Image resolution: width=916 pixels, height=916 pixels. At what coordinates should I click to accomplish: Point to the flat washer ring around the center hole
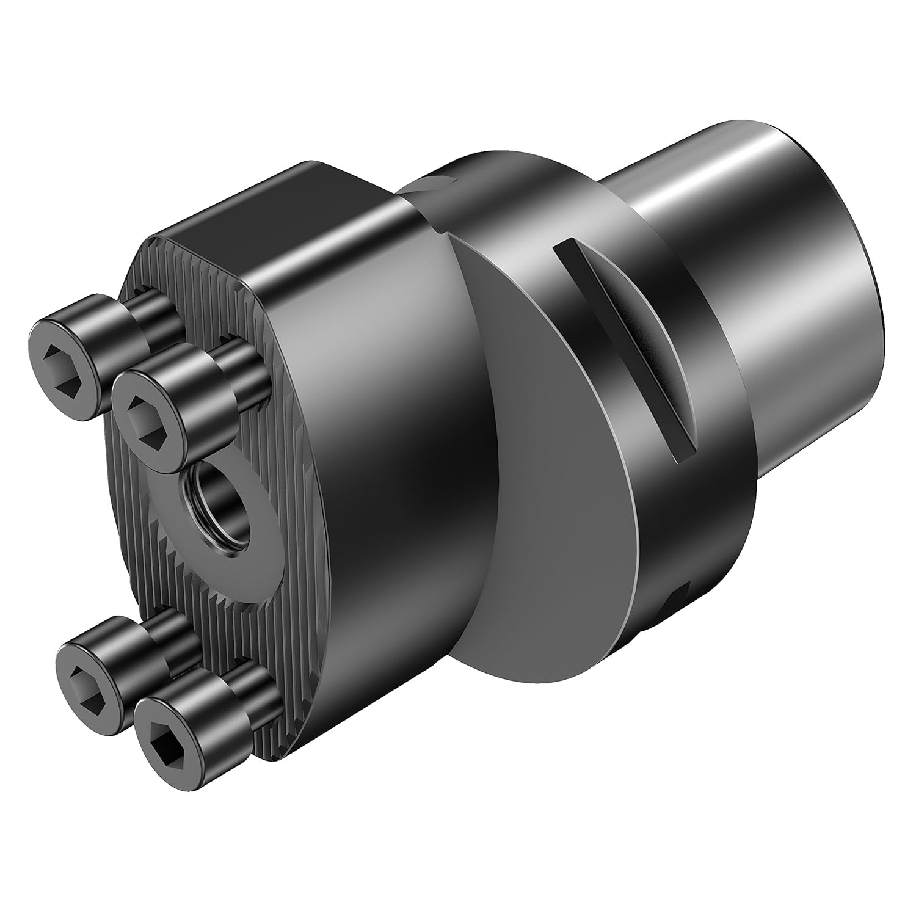[256, 537]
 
